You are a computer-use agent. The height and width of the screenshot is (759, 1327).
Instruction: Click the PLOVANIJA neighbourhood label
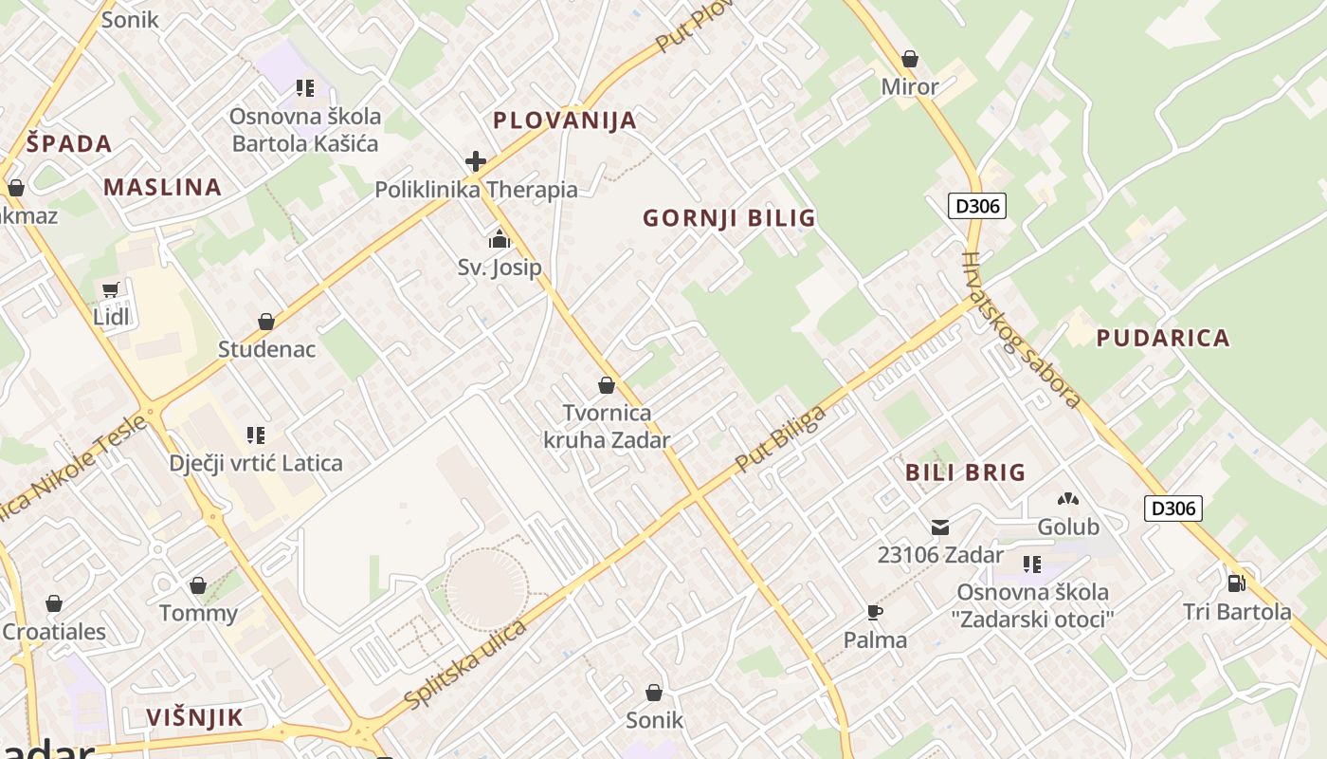pos(565,120)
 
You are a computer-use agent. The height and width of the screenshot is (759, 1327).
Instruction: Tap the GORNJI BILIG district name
pos(729,218)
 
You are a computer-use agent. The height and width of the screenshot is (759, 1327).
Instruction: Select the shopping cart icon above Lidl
pos(111,289)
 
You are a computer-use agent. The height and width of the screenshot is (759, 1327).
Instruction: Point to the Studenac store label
pos(266,349)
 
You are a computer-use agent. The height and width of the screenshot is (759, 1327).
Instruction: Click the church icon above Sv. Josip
pos(500,239)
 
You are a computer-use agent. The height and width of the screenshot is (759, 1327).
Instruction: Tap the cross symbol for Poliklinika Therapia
pos(476,161)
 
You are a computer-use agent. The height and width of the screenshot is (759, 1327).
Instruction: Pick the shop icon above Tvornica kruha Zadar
pos(607,385)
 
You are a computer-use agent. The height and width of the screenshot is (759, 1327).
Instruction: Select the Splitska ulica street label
pos(464,665)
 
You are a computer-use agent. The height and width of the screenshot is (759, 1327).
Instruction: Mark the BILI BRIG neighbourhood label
pos(965,472)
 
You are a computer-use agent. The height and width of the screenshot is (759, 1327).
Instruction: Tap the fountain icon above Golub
pos(1068,498)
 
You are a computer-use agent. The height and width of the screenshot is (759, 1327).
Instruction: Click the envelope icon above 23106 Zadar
pos(940,528)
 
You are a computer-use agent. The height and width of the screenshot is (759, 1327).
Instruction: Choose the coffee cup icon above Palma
pos(875,612)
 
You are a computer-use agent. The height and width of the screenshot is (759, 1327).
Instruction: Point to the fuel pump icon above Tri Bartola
pos(1236,583)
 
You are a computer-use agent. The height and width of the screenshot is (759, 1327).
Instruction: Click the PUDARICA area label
pos(1163,338)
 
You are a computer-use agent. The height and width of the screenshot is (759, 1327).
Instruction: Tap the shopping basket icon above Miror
pos(910,59)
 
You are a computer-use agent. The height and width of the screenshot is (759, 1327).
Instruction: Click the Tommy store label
pos(198,613)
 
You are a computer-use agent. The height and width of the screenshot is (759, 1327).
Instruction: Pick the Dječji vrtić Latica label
pos(256,464)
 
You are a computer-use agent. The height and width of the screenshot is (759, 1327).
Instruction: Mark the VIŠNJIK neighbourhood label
pos(195,717)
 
